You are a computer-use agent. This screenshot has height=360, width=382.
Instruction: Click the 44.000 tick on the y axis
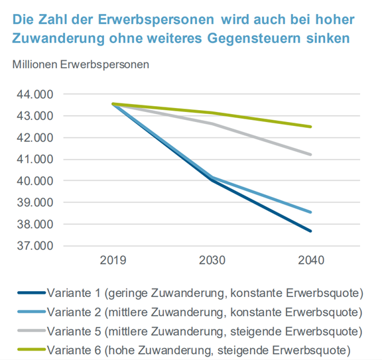[x=35, y=95]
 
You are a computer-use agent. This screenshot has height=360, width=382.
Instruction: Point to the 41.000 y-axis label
[x=35, y=160]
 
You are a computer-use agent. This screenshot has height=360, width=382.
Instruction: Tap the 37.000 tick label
[x=35, y=246]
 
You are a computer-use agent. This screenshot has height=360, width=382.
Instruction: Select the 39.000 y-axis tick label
[x=35, y=203]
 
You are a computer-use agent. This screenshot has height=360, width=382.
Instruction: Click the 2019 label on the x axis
[x=113, y=261]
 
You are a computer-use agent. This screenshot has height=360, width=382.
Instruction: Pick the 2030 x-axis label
[x=212, y=261]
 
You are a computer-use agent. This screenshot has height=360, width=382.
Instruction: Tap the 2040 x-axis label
[x=311, y=261]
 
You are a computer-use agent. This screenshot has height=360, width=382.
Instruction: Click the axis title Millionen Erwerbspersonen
[x=81, y=65]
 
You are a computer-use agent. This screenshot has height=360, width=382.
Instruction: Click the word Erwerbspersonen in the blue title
[x=156, y=20]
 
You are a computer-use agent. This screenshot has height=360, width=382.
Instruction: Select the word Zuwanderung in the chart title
[x=58, y=38]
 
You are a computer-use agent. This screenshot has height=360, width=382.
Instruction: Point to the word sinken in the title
[x=328, y=38]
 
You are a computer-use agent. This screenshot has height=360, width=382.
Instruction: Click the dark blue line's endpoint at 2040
[x=310, y=231]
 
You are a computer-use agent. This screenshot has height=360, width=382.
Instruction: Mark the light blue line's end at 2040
[x=310, y=212]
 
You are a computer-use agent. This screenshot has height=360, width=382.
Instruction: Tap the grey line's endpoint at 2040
[x=310, y=154]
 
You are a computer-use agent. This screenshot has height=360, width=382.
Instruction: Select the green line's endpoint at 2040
[x=310, y=127]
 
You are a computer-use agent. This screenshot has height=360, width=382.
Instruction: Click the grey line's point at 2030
[x=212, y=124]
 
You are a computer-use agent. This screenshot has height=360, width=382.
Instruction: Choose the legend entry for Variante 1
[x=190, y=293]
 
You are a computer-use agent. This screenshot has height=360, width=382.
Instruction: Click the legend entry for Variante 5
[x=190, y=331]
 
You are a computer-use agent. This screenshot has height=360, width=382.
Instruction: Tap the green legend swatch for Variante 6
[x=32, y=350]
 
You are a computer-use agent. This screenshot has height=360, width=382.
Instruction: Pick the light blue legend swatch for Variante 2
[x=32, y=312]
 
